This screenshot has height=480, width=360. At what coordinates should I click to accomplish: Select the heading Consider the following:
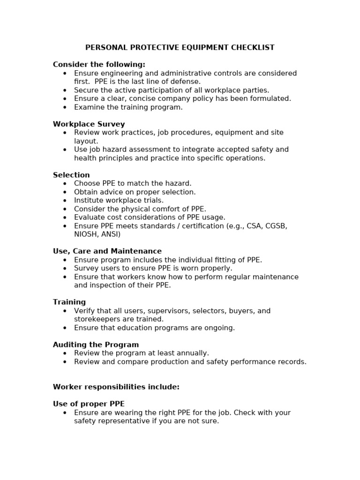click(99, 65)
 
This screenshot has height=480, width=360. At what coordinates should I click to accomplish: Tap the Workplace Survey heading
click(89, 124)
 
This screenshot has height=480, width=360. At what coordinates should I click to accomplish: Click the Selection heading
click(71, 175)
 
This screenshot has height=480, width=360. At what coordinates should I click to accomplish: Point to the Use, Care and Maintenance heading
click(107, 251)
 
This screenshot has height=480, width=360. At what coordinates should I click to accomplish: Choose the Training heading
click(69, 302)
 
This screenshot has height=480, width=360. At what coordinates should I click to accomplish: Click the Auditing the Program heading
click(96, 345)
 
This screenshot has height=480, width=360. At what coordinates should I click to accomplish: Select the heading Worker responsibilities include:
click(116, 387)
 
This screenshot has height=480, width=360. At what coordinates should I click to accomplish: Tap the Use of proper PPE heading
click(89, 404)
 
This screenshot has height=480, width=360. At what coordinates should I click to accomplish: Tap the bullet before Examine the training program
click(65, 107)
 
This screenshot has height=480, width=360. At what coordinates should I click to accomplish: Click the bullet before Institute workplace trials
click(65, 201)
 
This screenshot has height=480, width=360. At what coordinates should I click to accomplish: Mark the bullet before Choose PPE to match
click(65, 184)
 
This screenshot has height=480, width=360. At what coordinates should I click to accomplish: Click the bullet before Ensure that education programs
click(65, 328)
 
